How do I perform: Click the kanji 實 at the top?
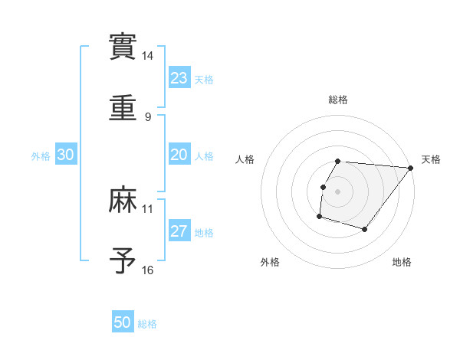click(123, 47)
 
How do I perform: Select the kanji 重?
click(123, 107)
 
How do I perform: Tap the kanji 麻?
click(123, 200)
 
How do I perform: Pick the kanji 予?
click(123, 260)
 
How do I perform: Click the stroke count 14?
click(148, 56)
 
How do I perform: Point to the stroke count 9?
click(148, 116)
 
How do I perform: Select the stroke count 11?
click(148, 208)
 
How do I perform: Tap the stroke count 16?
click(148, 270)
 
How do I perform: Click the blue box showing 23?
click(179, 78)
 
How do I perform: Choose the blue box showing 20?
click(179, 155)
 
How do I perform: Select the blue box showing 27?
click(179, 231)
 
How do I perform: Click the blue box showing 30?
click(66, 155)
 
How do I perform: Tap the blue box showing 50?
click(123, 322)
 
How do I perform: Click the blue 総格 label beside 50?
click(147, 324)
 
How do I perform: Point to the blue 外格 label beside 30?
click(41, 156)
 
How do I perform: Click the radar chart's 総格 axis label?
click(338, 100)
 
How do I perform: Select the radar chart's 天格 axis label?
click(431, 159)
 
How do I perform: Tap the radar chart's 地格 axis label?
click(402, 263)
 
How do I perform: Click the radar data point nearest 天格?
click(410, 168)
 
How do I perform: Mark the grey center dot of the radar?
click(338, 191)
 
